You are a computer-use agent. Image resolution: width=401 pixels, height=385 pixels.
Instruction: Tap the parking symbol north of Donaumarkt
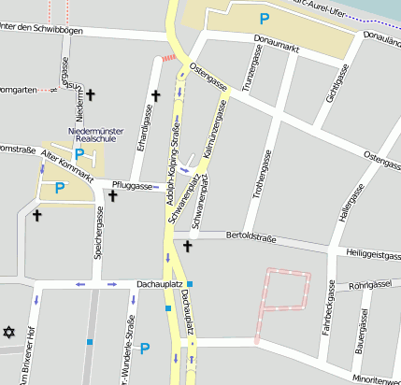(265, 18)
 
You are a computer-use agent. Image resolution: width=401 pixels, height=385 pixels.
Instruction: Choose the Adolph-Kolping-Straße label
(172, 164)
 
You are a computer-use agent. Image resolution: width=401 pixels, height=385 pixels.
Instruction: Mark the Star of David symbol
(10, 333)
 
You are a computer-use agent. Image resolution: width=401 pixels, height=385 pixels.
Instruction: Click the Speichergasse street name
(98, 233)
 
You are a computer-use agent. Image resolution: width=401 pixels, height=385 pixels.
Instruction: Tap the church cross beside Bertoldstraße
(187, 246)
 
